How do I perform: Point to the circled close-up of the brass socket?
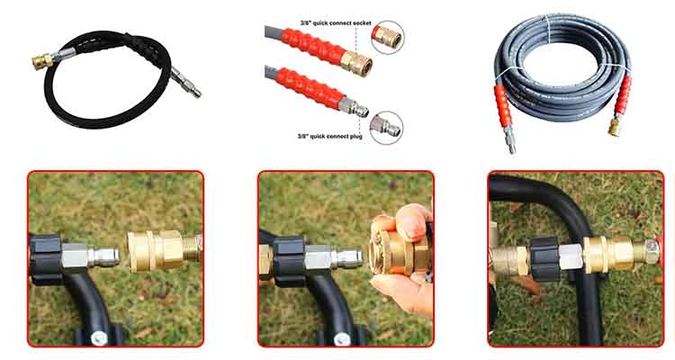click(387, 38)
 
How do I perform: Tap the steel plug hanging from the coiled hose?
click(512, 141)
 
